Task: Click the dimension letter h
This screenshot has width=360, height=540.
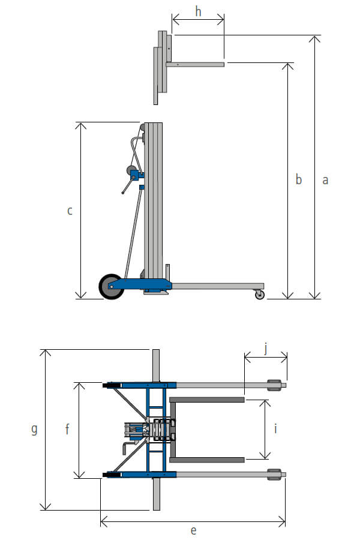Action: point(198,11)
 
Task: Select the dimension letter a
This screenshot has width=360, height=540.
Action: point(325,180)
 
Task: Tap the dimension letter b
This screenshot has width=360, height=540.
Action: point(299,179)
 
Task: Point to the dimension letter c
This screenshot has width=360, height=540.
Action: point(70,211)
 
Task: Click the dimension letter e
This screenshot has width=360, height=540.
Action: point(194,530)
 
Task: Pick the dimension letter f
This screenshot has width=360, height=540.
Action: point(67,429)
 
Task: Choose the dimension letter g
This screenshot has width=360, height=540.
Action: point(34,430)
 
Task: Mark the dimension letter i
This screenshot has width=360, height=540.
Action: point(275,429)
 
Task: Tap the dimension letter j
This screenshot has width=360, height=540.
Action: point(266,349)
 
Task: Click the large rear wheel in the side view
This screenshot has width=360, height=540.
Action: point(111,287)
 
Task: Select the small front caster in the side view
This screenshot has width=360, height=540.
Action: point(260,295)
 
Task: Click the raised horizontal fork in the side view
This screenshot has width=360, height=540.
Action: point(195,64)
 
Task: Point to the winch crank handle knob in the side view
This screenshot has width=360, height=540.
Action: point(123,193)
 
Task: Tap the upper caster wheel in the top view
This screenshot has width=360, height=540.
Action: point(274,385)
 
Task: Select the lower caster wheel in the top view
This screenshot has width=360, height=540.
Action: point(274,474)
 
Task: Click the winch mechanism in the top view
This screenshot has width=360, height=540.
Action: point(149,430)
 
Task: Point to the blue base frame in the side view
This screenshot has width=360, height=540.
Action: point(141,284)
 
